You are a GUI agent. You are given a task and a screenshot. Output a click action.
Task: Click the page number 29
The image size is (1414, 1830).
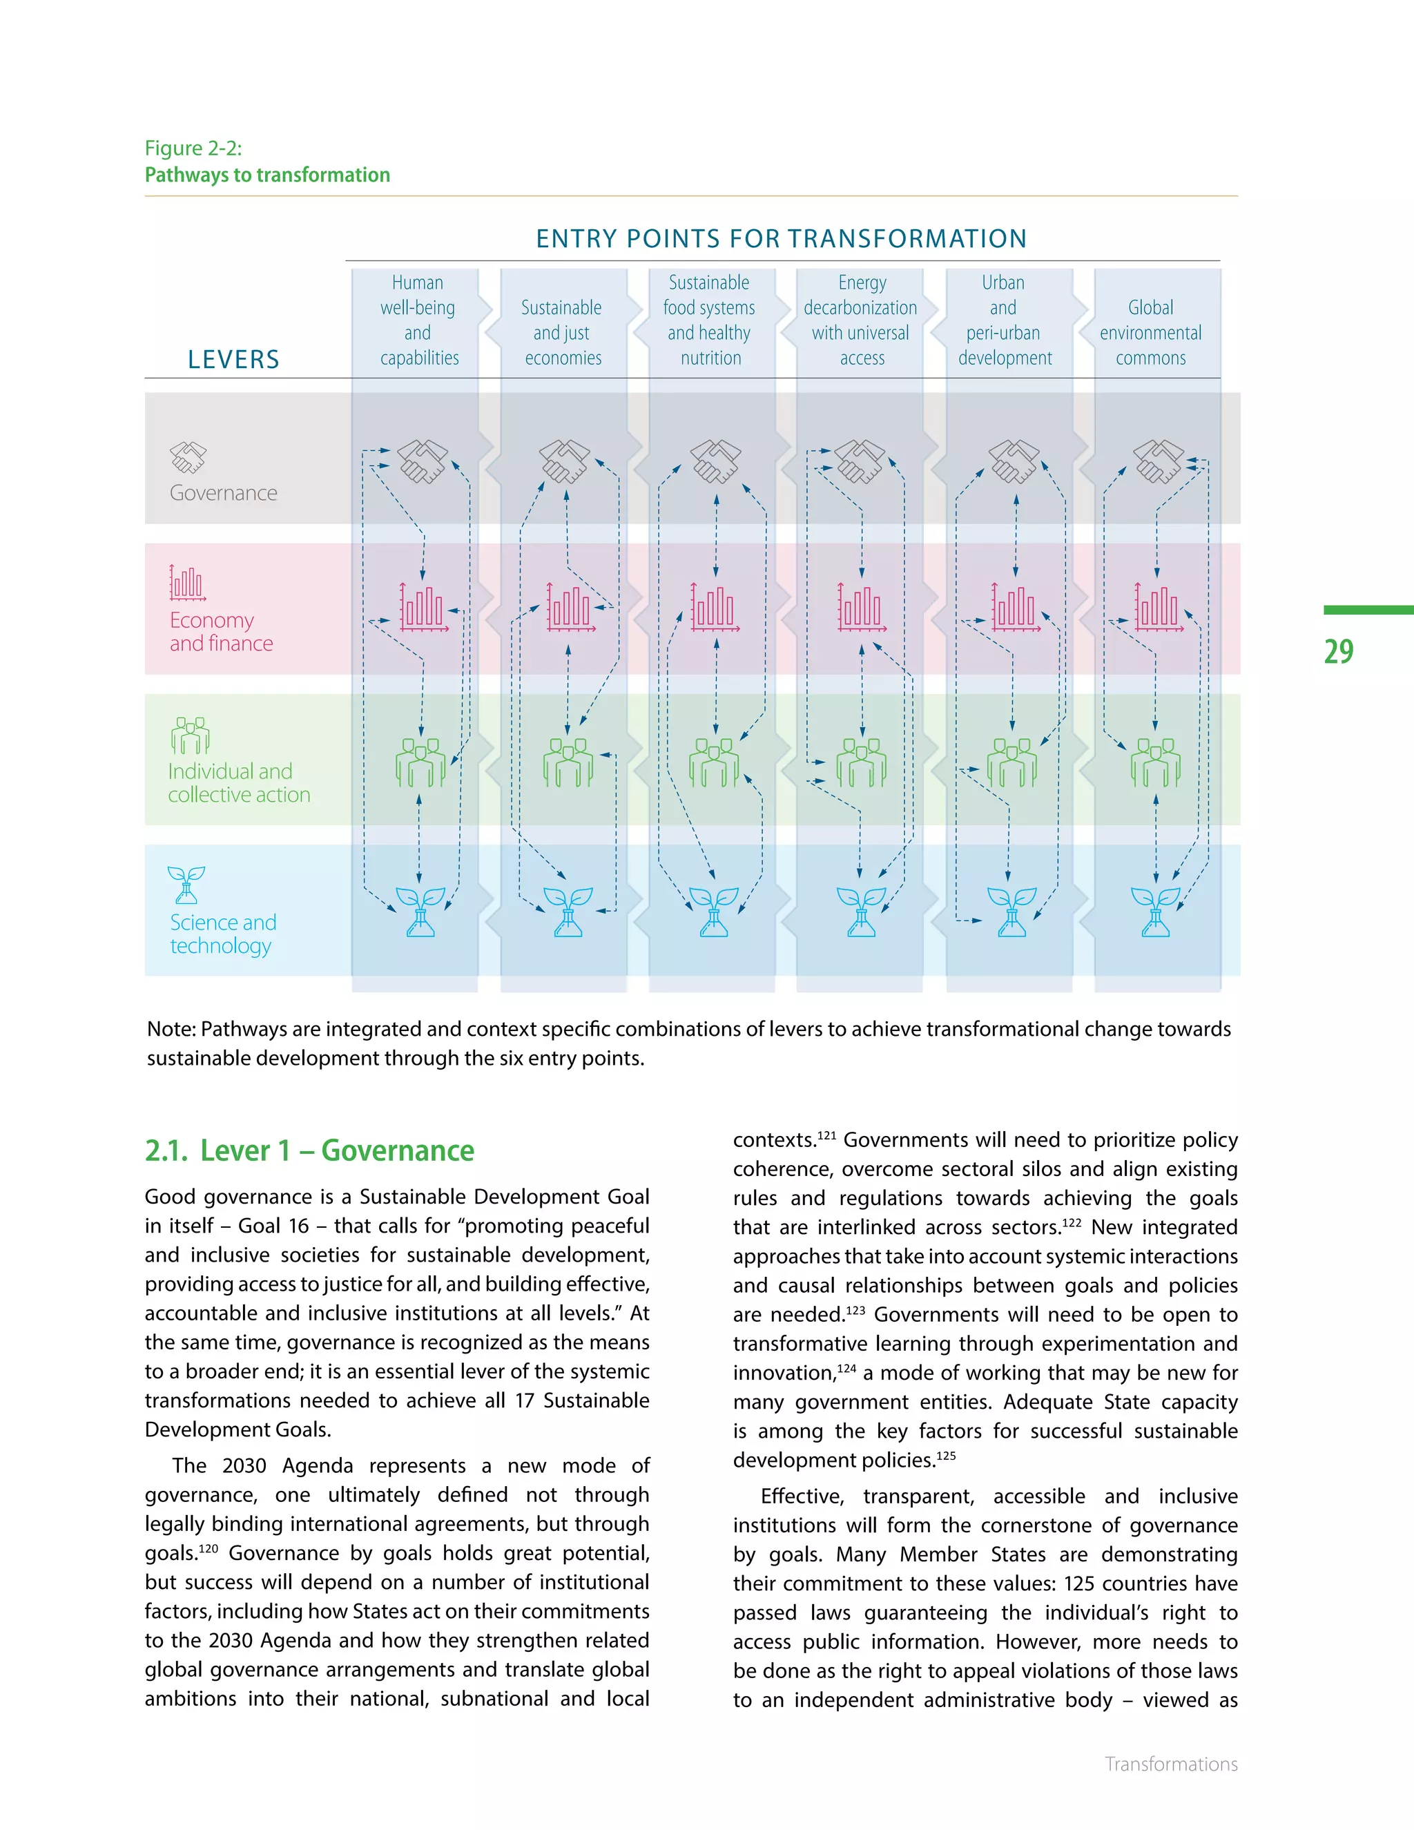coord(1338,651)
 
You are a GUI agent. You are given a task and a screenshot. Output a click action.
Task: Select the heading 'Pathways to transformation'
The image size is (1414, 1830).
coord(267,175)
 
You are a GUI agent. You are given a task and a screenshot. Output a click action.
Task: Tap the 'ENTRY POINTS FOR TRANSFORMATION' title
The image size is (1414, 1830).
coord(781,239)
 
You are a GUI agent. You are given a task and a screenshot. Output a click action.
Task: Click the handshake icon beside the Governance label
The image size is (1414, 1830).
coord(188,457)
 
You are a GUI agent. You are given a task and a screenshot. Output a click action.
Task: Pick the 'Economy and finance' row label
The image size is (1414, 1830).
coord(221,632)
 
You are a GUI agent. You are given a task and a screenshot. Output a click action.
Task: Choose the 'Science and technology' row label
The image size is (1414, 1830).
coord(223,934)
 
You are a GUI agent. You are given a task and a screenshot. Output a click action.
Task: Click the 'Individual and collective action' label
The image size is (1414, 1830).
coord(239,782)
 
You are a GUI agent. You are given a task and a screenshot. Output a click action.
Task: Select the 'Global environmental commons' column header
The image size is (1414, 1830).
coord(1150,333)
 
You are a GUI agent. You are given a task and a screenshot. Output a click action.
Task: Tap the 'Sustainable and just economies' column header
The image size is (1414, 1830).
coord(562,333)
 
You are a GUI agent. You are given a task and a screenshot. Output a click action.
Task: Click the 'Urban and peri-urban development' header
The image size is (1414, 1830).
coord(1003,320)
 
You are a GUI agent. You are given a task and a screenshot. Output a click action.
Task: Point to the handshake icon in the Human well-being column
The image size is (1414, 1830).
coord(422,461)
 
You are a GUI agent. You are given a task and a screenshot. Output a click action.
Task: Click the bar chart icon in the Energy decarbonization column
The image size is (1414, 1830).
coord(860,608)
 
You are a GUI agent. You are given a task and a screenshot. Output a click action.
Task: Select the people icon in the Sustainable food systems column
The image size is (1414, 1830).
coord(714,762)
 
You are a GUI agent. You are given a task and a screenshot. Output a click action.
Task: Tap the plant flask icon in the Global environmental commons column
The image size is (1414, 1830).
coord(1155,912)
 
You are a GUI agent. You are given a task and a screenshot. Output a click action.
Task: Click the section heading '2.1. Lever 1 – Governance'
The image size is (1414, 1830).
coord(309,1150)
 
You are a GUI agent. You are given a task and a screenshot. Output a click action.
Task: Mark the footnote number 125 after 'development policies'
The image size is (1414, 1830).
coord(946,1456)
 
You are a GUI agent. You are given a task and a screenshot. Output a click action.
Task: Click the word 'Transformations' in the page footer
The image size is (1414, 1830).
coord(1170,1764)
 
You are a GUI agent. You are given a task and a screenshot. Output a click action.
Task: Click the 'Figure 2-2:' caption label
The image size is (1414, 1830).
coord(193,148)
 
